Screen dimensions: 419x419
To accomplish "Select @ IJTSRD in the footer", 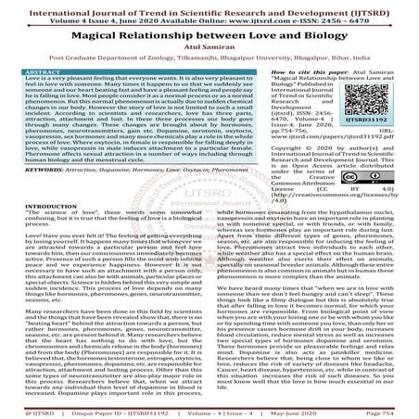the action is click(25, 409).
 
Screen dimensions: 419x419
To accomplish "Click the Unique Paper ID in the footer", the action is click(116, 409).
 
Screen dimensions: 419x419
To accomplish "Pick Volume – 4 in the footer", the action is click(198, 409).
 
